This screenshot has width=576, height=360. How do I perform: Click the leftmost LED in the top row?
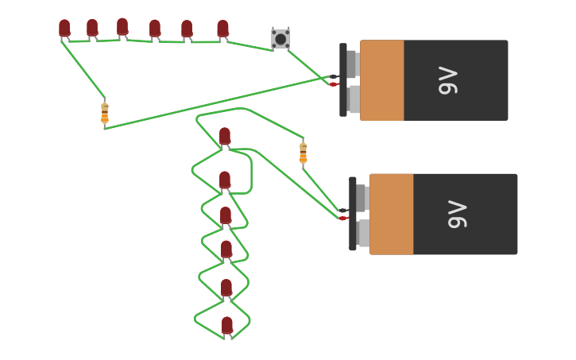click(64, 29)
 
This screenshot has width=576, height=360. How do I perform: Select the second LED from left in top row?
click(92, 28)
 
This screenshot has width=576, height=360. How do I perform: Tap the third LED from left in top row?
click(122, 27)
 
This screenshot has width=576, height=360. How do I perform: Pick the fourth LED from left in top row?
click(155, 29)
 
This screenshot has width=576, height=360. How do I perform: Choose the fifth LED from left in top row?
click(187, 29)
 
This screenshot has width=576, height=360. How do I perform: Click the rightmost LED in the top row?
click(223, 29)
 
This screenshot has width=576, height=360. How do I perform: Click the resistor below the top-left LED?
click(105, 113)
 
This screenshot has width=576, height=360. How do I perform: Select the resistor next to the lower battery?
click(303, 152)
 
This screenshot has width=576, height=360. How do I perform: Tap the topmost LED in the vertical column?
click(225, 136)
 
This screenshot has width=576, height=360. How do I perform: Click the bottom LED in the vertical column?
click(227, 325)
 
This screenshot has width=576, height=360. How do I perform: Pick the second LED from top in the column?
click(225, 180)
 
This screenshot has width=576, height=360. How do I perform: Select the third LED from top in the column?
click(226, 215)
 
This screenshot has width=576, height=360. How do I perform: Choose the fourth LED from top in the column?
click(226, 250)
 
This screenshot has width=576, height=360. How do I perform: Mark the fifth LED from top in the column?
click(226, 288)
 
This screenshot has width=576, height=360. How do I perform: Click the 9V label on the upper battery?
click(448, 80)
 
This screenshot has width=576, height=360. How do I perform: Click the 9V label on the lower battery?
click(458, 214)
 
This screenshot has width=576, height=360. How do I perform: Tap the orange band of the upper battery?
click(382, 80)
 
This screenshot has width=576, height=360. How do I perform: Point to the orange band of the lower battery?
click(392, 214)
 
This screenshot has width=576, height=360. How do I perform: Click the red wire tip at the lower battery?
click(343, 218)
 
